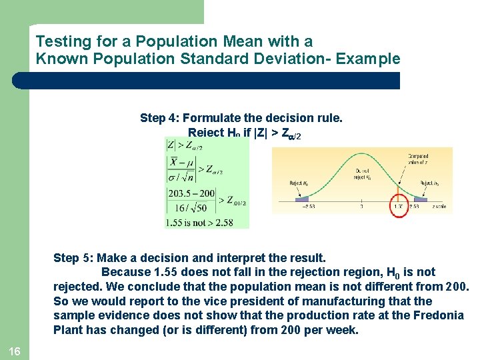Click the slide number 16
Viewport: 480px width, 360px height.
pos(14,351)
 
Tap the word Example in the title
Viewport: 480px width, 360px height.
pos(368,59)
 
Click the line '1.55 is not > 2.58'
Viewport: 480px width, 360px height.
pos(201,222)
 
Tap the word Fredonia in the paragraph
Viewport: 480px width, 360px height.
pos(437,315)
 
